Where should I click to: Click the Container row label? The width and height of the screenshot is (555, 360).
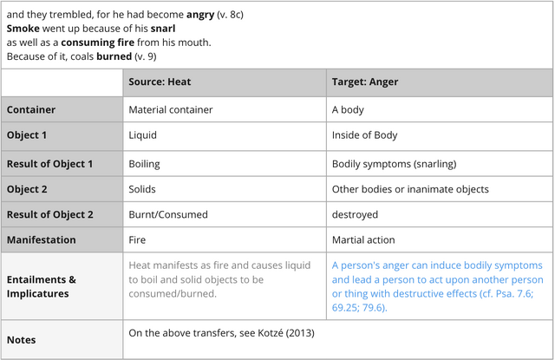(x=31, y=110)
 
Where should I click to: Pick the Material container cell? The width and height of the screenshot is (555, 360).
(x=171, y=110)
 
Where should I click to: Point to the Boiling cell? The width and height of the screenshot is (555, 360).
(x=144, y=163)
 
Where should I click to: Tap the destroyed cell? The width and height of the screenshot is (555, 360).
(x=355, y=214)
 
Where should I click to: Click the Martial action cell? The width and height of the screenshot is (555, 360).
(x=363, y=239)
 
